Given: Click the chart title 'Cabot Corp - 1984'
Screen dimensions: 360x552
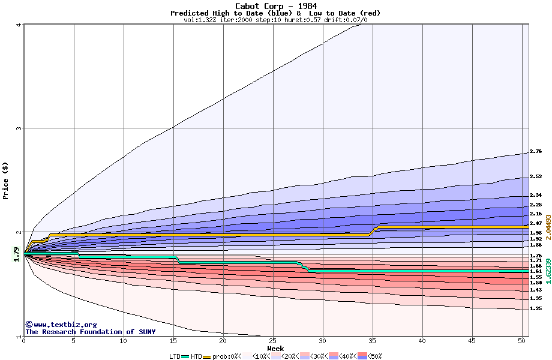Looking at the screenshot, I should [x=275, y=6].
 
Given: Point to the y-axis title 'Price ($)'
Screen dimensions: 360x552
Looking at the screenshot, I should [x=5, y=180].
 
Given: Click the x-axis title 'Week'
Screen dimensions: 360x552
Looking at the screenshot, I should [x=275, y=349].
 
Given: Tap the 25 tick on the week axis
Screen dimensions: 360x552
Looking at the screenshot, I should [x=273, y=341].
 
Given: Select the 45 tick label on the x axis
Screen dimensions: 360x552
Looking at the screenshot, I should [x=472, y=341].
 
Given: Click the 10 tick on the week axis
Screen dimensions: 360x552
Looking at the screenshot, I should [x=124, y=341].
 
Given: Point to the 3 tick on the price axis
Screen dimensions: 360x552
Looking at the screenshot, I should [x=19, y=128].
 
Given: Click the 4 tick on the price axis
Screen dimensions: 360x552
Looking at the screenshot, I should [x=19, y=25].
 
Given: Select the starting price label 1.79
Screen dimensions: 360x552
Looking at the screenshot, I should [x=17, y=254].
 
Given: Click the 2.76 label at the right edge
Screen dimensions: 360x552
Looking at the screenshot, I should [x=536, y=152].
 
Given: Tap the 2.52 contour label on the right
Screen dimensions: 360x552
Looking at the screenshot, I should [x=536, y=177].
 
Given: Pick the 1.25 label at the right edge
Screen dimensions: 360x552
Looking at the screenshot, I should [x=536, y=308].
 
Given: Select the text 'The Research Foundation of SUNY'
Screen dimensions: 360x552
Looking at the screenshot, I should [x=90, y=332].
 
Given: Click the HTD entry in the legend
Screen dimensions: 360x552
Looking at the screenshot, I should [x=196, y=356].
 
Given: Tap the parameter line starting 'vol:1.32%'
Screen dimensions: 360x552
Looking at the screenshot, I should [x=275, y=20].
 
